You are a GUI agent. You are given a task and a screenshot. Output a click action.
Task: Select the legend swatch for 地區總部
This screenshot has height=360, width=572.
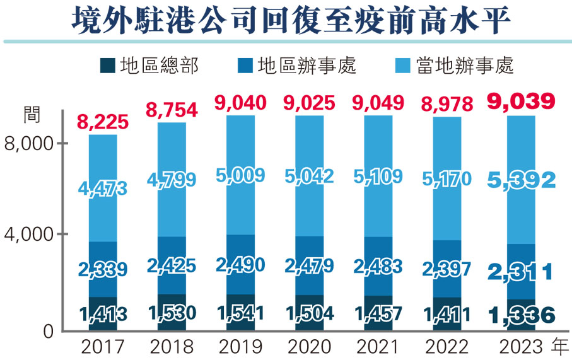point(108,65)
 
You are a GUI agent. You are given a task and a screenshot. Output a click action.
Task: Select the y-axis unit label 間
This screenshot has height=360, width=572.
point(31,114)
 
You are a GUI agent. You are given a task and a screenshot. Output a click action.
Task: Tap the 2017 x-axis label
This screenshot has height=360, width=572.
point(103,347)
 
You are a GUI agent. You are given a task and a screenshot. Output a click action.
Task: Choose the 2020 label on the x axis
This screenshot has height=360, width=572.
point(309,347)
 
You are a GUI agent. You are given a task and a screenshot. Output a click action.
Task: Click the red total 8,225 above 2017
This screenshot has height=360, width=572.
point(103,121)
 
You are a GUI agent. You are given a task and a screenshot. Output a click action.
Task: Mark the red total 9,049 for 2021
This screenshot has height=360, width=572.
point(378,102)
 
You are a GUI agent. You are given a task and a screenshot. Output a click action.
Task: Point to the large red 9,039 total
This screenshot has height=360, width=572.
point(521,102)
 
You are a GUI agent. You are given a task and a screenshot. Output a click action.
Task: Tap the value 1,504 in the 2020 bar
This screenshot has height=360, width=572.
point(309,313)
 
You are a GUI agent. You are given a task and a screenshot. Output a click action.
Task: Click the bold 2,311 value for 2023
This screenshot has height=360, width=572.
point(521,271)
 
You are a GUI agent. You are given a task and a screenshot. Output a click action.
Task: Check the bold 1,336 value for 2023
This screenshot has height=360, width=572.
point(521,314)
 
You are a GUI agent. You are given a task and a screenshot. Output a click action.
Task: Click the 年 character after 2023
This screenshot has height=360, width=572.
point(561,347)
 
